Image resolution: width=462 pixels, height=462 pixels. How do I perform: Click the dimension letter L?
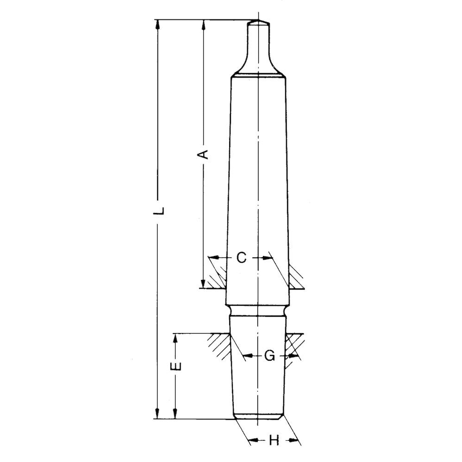159,210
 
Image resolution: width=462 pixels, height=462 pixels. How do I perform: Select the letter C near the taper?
241,258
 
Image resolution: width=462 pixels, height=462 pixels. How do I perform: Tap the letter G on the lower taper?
269,356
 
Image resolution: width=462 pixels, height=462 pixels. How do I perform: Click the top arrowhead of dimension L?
157,24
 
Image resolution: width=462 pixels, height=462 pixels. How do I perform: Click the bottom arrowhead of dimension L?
157,414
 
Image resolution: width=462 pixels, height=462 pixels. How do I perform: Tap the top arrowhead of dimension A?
204,24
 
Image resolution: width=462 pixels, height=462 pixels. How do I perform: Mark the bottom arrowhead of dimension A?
203,284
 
